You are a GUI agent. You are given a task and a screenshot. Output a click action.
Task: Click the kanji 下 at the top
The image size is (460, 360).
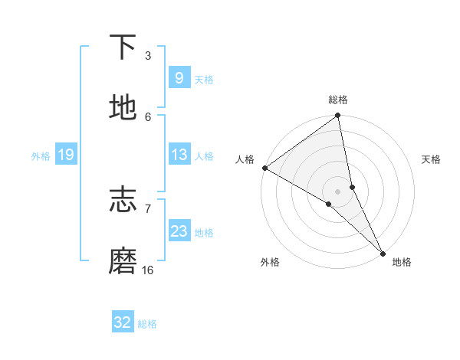coord(123,47)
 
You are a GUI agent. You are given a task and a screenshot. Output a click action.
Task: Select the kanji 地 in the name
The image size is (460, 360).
coord(123,108)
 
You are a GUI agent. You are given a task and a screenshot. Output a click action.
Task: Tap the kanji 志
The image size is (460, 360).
coord(123,200)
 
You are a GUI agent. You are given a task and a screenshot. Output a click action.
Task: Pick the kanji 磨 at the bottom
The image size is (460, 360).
coord(123,262)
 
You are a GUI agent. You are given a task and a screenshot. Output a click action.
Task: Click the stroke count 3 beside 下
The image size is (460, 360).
coord(148,56)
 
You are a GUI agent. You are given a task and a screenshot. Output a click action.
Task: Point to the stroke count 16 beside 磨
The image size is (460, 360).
coord(148,270)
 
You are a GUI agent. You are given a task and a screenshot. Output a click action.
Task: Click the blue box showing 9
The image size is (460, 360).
coord(179,77)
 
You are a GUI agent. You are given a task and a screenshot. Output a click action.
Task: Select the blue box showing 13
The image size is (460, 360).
coord(179,155)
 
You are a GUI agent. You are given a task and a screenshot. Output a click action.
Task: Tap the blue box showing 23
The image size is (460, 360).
coord(179,231)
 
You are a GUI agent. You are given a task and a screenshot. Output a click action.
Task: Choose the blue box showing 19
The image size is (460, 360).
coord(65,155)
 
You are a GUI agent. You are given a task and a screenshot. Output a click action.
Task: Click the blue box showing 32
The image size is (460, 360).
coord(123,322)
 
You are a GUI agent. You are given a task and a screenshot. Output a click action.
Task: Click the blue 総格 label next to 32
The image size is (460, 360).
coord(147,324)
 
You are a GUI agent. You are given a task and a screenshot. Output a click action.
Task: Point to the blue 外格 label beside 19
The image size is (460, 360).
coord(41,156)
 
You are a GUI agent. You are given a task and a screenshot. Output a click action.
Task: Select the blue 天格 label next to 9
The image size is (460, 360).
coord(204,79)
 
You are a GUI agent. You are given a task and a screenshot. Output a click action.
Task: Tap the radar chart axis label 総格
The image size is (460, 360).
coord(338,100)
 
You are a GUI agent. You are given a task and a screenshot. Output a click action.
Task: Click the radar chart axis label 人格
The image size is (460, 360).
coord(245,159)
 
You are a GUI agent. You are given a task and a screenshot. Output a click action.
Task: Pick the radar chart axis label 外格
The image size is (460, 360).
coord(270,262)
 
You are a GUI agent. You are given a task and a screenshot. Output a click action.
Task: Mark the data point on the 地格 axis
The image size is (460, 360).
coord(383,253)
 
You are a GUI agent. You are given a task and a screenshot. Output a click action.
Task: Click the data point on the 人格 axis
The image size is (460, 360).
coord(264,168)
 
